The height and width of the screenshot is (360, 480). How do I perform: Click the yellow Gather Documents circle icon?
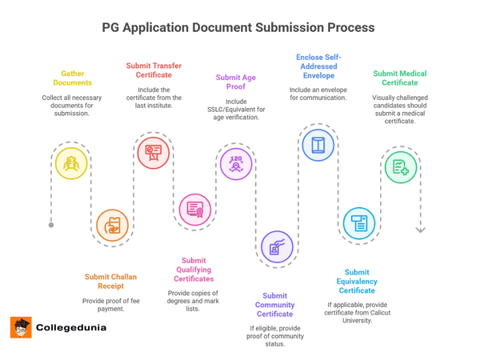[x=71, y=163]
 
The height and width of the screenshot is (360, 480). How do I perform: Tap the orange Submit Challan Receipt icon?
[x=112, y=226]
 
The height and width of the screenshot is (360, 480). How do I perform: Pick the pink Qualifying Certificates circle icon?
[x=194, y=210]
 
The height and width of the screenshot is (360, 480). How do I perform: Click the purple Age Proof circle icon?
[x=236, y=163]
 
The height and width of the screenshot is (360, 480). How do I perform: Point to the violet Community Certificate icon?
[x=277, y=246]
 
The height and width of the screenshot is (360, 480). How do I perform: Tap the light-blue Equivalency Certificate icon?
[x=359, y=224]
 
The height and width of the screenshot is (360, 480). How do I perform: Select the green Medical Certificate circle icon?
[x=400, y=166]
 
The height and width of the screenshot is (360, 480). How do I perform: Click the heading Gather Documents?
[x=73, y=78]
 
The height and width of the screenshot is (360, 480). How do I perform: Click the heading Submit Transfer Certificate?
[x=154, y=70]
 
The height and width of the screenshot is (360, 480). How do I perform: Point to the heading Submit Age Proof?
[x=236, y=83]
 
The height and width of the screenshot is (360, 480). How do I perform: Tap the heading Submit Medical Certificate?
[x=400, y=78]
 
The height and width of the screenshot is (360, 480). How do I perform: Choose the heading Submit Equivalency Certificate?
[x=357, y=282]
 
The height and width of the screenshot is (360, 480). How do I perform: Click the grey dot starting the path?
[x=51, y=225]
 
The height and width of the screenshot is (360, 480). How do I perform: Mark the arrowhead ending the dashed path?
[x=421, y=230]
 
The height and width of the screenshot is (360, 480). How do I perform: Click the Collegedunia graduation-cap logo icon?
[x=20, y=327]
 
